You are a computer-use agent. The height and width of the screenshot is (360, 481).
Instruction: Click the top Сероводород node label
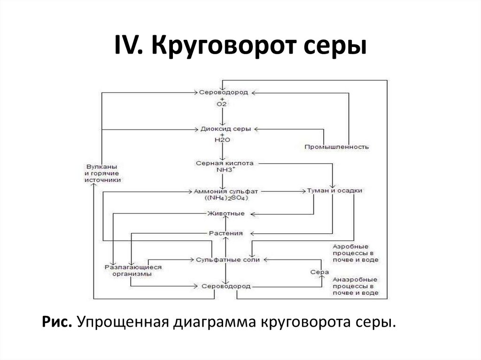(x=223, y=92)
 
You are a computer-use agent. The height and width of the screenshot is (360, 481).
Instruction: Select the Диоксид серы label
(x=226, y=129)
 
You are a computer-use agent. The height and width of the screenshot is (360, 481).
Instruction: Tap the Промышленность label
(x=336, y=147)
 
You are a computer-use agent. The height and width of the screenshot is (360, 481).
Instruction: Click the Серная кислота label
(x=225, y=163)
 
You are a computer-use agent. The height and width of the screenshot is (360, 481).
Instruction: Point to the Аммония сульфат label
(x=226, y=191)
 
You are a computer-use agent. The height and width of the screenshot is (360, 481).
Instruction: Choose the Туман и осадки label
(x=334, y=191)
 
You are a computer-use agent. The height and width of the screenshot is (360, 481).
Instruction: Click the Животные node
(x=226, y=214)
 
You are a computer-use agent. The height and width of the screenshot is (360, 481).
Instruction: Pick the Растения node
(x=226, y=233)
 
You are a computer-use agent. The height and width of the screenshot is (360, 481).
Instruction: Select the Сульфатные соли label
(x=228, y=260)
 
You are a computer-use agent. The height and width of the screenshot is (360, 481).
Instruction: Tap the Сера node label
(x=319, y=272)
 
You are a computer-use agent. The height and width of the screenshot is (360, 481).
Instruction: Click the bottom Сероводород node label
(x=226, y=286)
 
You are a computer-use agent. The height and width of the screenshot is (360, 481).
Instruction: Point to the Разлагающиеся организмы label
(x=133, y=270)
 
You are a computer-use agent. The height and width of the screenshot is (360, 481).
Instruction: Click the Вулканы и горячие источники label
(x=102, y=173)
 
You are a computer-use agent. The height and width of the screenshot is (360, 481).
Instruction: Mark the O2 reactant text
(x=222, y=104)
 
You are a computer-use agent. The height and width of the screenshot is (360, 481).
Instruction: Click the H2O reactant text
(x=222, y=140)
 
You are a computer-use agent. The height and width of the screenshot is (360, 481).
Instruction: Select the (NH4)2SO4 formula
(x=226, y=198)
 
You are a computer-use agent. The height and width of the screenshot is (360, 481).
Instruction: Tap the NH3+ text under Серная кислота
(x=226, y=169)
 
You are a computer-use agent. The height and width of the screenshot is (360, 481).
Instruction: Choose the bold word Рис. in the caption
(x=57, y=322)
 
